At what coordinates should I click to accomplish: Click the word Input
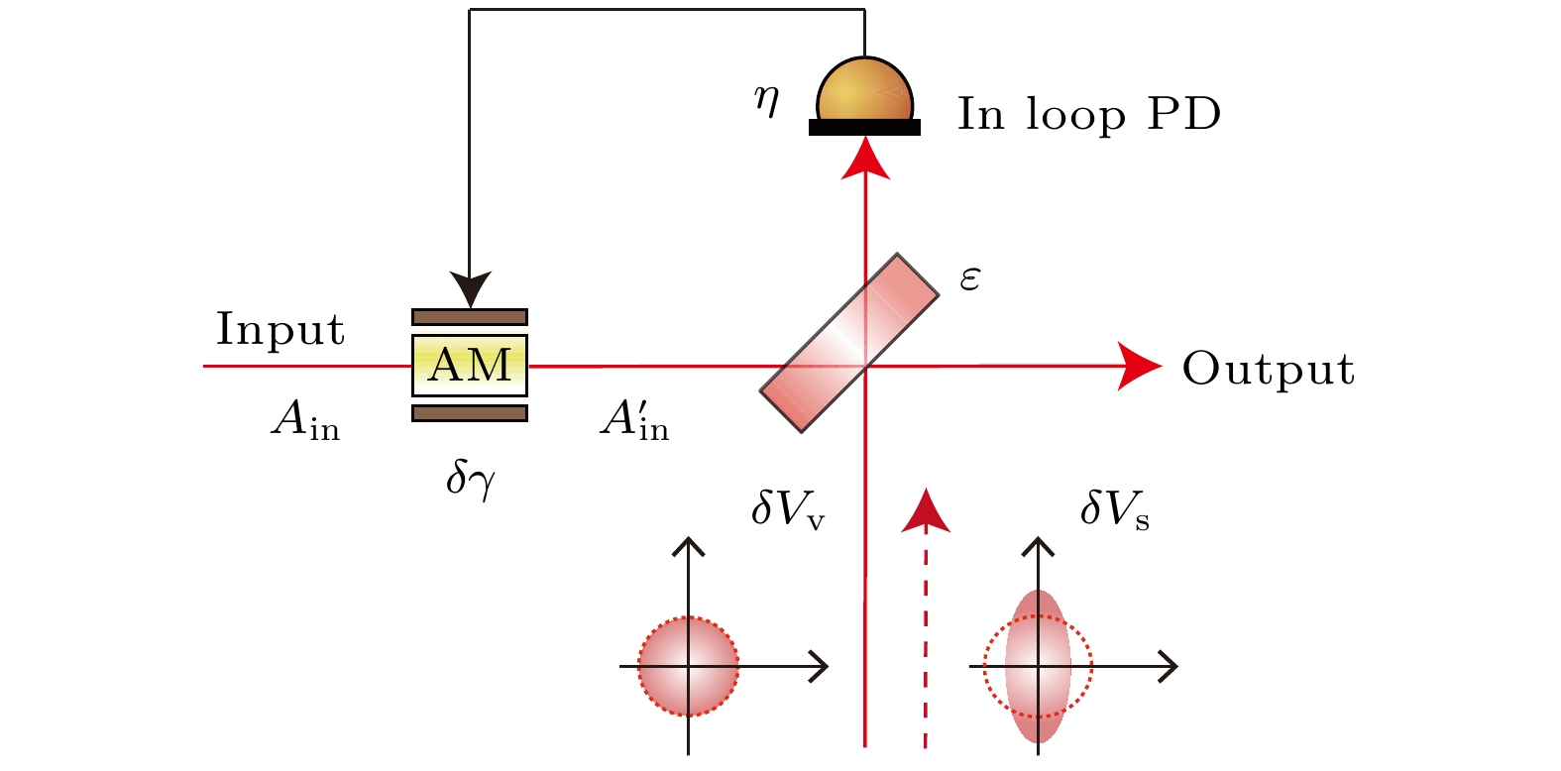coord(280,330)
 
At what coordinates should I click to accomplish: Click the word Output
coord(1268,370)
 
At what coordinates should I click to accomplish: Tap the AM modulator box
coord(470,366)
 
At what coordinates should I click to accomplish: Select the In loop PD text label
coord(1088,115)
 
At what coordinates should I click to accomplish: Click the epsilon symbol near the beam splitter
coord(969,278)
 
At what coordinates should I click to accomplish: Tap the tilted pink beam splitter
coord(849,342)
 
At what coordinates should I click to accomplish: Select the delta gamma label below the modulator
coord(470,481)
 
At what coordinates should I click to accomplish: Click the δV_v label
coord(788,509)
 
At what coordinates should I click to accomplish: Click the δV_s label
coord(1115,509)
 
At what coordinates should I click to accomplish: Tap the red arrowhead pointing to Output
coord(1139,366)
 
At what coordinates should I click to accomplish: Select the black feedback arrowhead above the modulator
coord(470,288)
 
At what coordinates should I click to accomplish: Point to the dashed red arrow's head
coord(926,509)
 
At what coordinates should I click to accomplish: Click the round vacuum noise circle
coord(689,666)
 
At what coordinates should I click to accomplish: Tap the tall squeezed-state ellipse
coord(1038,666)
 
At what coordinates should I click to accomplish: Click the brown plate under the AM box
coord(470,413)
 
